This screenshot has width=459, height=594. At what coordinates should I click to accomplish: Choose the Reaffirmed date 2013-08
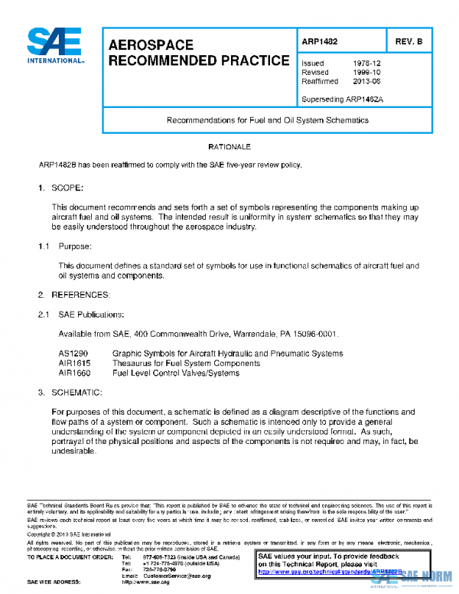(x=365, y=80)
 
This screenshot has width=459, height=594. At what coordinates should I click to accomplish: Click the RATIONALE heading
(x=229, y=146)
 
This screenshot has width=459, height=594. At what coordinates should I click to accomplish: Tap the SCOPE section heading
(x=67, y=188)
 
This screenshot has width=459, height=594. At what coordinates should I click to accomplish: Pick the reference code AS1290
(x=73, y=354)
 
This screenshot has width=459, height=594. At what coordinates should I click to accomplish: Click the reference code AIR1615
(x=74, y=364)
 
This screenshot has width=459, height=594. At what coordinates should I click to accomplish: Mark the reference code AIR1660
(x=74, y=373)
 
